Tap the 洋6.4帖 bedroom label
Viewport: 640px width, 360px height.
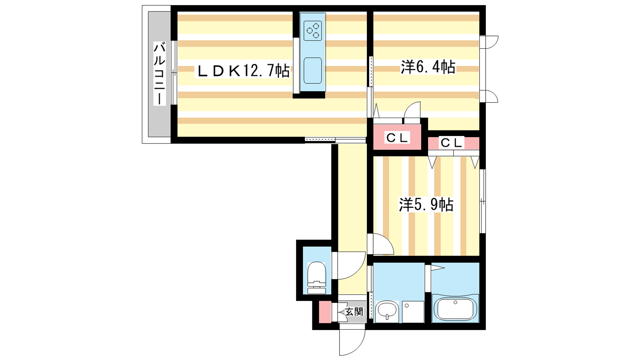[x=428, y=67]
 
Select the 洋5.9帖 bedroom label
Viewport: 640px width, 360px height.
[x=426, y=204]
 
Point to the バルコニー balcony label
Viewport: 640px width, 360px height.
[x=160, y=74]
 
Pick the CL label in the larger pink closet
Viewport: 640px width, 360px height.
[x=397, y=138]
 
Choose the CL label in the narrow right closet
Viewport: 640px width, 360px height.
[x=452, y=143]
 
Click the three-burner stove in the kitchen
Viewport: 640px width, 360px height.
[x=312, y=30]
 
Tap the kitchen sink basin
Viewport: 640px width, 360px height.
[x=312, y=70]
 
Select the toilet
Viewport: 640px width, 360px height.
[x=316, y=278]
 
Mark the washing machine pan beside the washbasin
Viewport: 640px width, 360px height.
[x=413, y=312]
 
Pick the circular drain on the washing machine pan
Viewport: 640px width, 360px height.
[x=406, y=306]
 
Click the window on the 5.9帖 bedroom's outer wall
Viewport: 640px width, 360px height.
[x=482, y=201]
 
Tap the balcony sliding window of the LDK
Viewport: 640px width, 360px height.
[x=174, y=72]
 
